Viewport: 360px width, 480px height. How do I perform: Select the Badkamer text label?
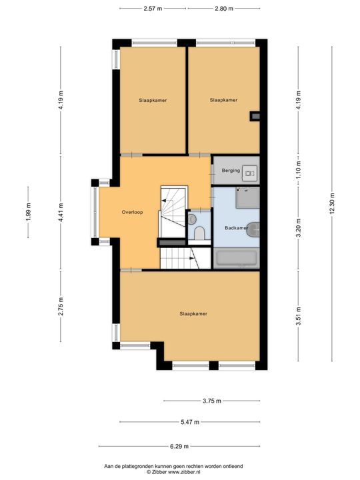(236, 227)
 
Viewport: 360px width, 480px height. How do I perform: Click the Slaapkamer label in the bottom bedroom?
(193, 313)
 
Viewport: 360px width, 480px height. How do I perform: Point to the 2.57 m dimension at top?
(153, 9)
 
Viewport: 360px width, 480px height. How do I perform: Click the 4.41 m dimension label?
(61, 212)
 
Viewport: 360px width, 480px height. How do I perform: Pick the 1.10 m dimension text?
(299, 171)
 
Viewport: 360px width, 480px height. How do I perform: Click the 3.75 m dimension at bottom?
(212, 401)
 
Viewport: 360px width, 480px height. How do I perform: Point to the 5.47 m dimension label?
(189, 422)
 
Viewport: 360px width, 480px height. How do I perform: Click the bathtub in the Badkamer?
(237, 259)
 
